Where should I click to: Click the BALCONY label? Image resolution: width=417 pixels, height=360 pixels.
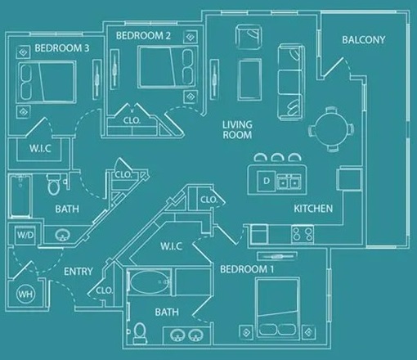[364, 40]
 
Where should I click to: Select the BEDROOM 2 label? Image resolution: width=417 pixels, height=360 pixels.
[143, 36]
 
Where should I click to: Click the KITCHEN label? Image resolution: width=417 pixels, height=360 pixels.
[313, 209]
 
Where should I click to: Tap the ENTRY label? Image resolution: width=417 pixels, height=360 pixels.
[78, 272]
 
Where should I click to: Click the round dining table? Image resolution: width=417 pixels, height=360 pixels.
[330, 127]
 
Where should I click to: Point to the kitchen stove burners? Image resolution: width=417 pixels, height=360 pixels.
[302, 234]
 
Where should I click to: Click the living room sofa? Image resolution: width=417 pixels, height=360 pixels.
[289, 79]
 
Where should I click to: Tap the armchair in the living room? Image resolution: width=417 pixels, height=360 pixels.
[248, 38]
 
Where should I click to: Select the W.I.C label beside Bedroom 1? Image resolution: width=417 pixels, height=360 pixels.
[171, 245]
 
